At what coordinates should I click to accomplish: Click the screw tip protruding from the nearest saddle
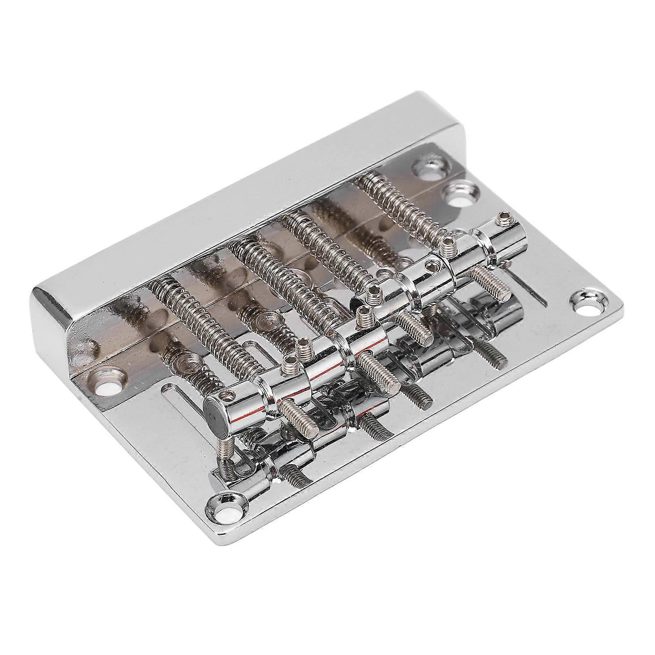click(299, 425)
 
